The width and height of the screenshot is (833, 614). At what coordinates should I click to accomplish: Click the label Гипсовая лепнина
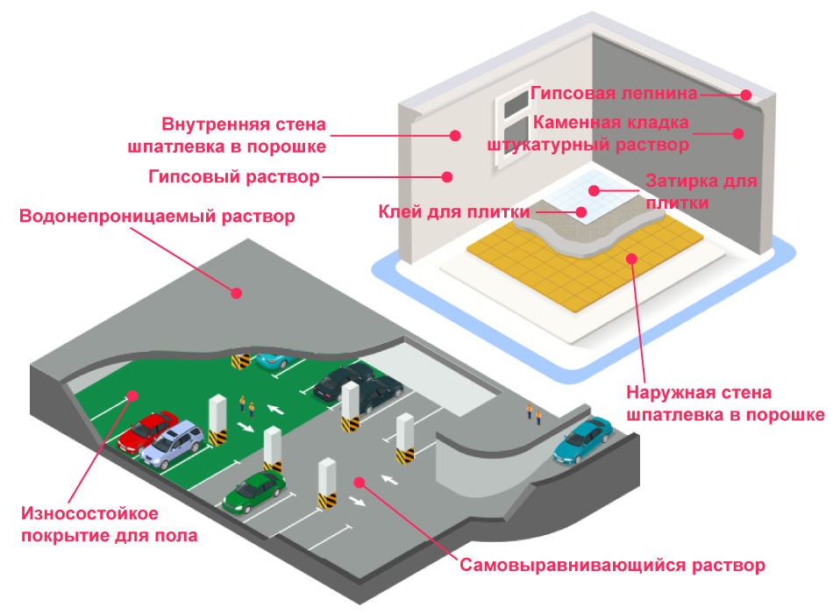coord(614,93)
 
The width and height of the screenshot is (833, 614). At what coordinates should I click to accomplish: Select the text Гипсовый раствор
coord(233,177)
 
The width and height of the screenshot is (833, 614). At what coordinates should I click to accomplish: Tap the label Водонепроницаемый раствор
coord(157,216)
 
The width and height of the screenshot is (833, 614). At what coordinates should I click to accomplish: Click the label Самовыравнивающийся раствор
coord(613,565)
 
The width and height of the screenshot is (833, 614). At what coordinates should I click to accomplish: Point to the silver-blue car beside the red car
coord(176,444)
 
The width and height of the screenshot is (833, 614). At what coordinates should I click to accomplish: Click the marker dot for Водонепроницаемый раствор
coord(236,293)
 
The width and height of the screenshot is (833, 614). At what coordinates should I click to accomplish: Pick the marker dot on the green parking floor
coord(132,396)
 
